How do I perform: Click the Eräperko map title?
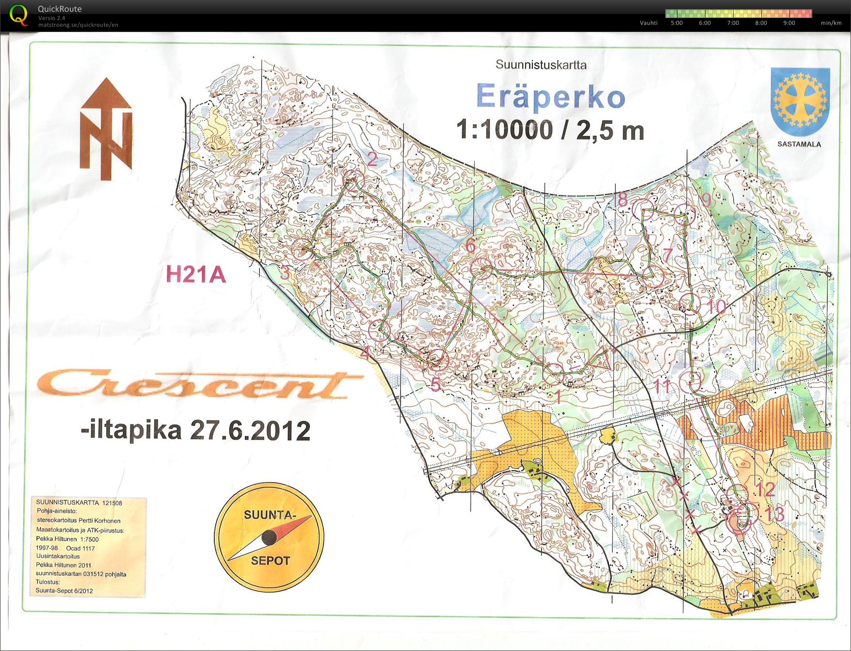click(551, 97)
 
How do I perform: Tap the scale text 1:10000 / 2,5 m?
click(550, 130)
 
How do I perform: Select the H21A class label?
click(196, 275)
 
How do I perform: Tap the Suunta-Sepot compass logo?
click(269, 537)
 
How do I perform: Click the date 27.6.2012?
click(250, 430)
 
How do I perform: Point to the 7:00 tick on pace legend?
click(733, 23)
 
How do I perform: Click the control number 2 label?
click(372, 159)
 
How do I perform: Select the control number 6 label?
click(470, 246)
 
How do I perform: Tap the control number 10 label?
click(716, 307)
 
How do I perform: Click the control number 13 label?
click(774, 514)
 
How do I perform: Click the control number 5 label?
click(435, 385)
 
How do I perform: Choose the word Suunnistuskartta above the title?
click(541, 65)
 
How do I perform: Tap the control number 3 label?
click(285, 273)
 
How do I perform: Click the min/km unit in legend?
click(831, 23)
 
